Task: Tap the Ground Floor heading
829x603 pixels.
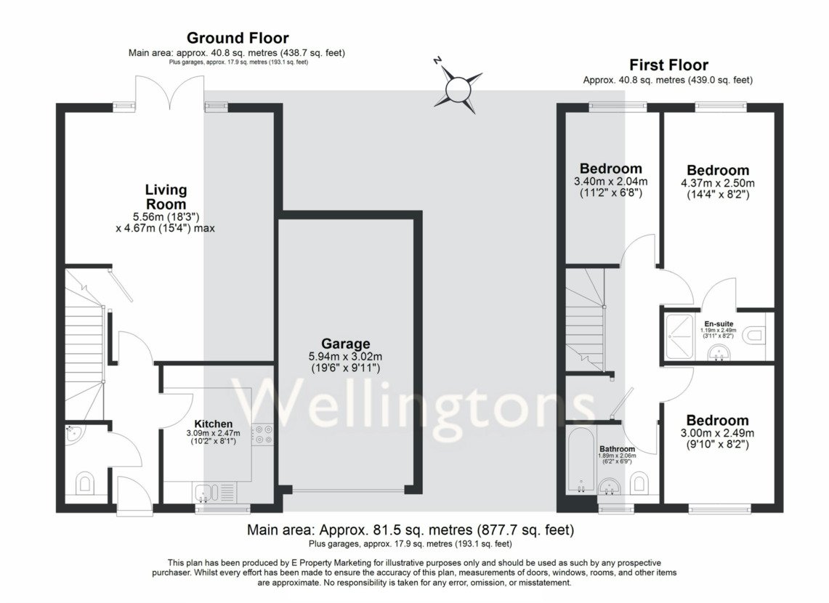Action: click(x=238, y=38)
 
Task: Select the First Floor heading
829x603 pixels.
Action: click(x=668, y=65)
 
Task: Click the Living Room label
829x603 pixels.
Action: click(x=166, y=197)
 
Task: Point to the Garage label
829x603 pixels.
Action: click(x=347, y=344)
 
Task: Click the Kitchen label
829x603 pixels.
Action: click(x=213, y=424)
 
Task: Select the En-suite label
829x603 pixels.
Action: click(x=718, y=323)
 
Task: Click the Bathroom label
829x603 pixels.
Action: click(x=616, y=449)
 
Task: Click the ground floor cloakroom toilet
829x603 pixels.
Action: click(x=85, y=482)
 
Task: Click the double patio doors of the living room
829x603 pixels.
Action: click(x=169, y=91)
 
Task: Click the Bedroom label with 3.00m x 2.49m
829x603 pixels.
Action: click(x=717, y=421)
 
